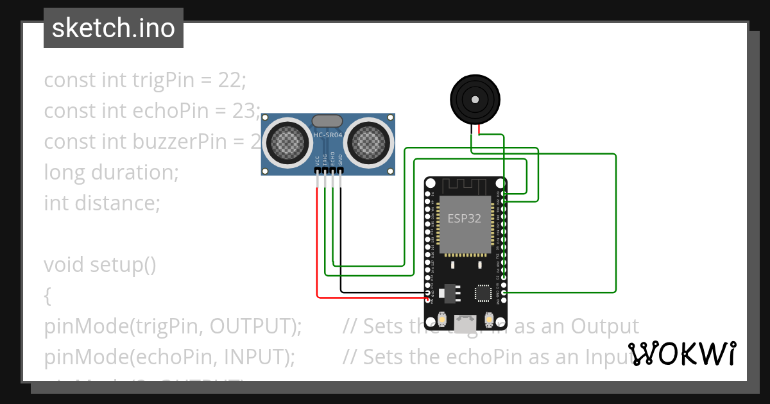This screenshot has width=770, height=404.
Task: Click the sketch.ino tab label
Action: [x=114, y=29]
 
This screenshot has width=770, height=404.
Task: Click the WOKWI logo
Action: [x=681, y=354]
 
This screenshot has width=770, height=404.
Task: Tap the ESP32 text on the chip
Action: [x=464, y=218]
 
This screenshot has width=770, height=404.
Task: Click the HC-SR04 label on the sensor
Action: [x=328, y=135]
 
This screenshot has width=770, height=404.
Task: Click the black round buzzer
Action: [x=474, y=99]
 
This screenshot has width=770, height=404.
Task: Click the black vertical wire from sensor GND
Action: [x=341, y=237]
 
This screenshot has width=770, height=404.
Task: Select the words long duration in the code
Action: [x=111, y=173]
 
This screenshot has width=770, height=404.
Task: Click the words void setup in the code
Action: [x=99, y=265]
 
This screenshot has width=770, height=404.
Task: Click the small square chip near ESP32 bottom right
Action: [x=483, y=292]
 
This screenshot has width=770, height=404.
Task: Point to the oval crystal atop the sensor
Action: [x=327, y=121]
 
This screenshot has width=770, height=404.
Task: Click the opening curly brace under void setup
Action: [x=47, y=296]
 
